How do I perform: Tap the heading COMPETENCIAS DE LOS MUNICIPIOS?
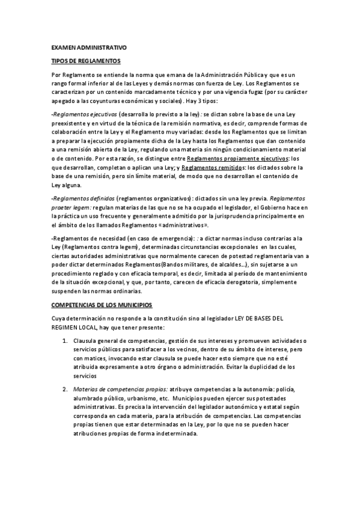coord(102,305)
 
